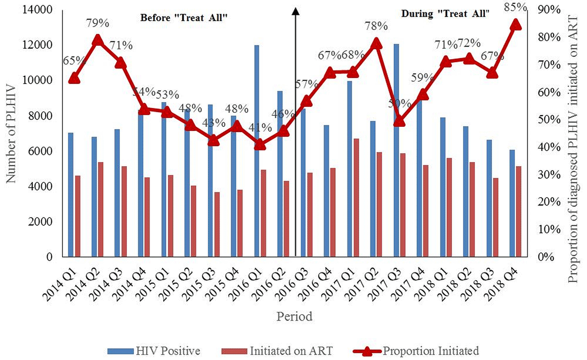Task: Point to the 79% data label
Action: pos(97,23)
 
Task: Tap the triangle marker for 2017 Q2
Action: pos(376,44)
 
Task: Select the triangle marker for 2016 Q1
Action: pos(259,144)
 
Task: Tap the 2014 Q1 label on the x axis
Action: pos(61,281)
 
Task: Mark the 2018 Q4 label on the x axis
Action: pos(502,281)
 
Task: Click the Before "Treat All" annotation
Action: pos(183,18)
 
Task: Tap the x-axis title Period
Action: pos(295,317)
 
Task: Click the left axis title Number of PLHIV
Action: pos(13,134)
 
